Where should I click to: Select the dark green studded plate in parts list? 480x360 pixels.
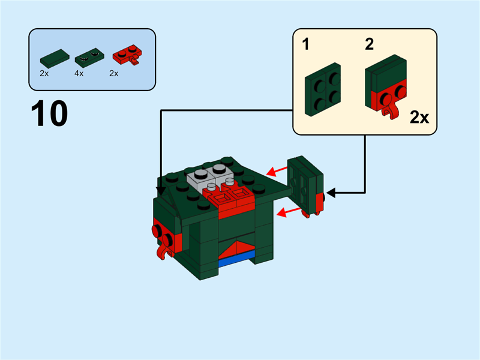tap(87, 58)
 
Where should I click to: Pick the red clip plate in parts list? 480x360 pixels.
tap(126, 58)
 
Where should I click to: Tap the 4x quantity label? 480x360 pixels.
tap(79, 73)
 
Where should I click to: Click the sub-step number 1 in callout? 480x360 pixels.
tap(307, 45)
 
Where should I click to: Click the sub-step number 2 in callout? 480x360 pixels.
tap(369, 45)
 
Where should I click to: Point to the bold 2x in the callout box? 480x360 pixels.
tap(419, 117)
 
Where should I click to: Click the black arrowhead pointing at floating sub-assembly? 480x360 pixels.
tap(331, 193)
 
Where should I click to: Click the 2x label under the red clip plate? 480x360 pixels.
tap(114, 73)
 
